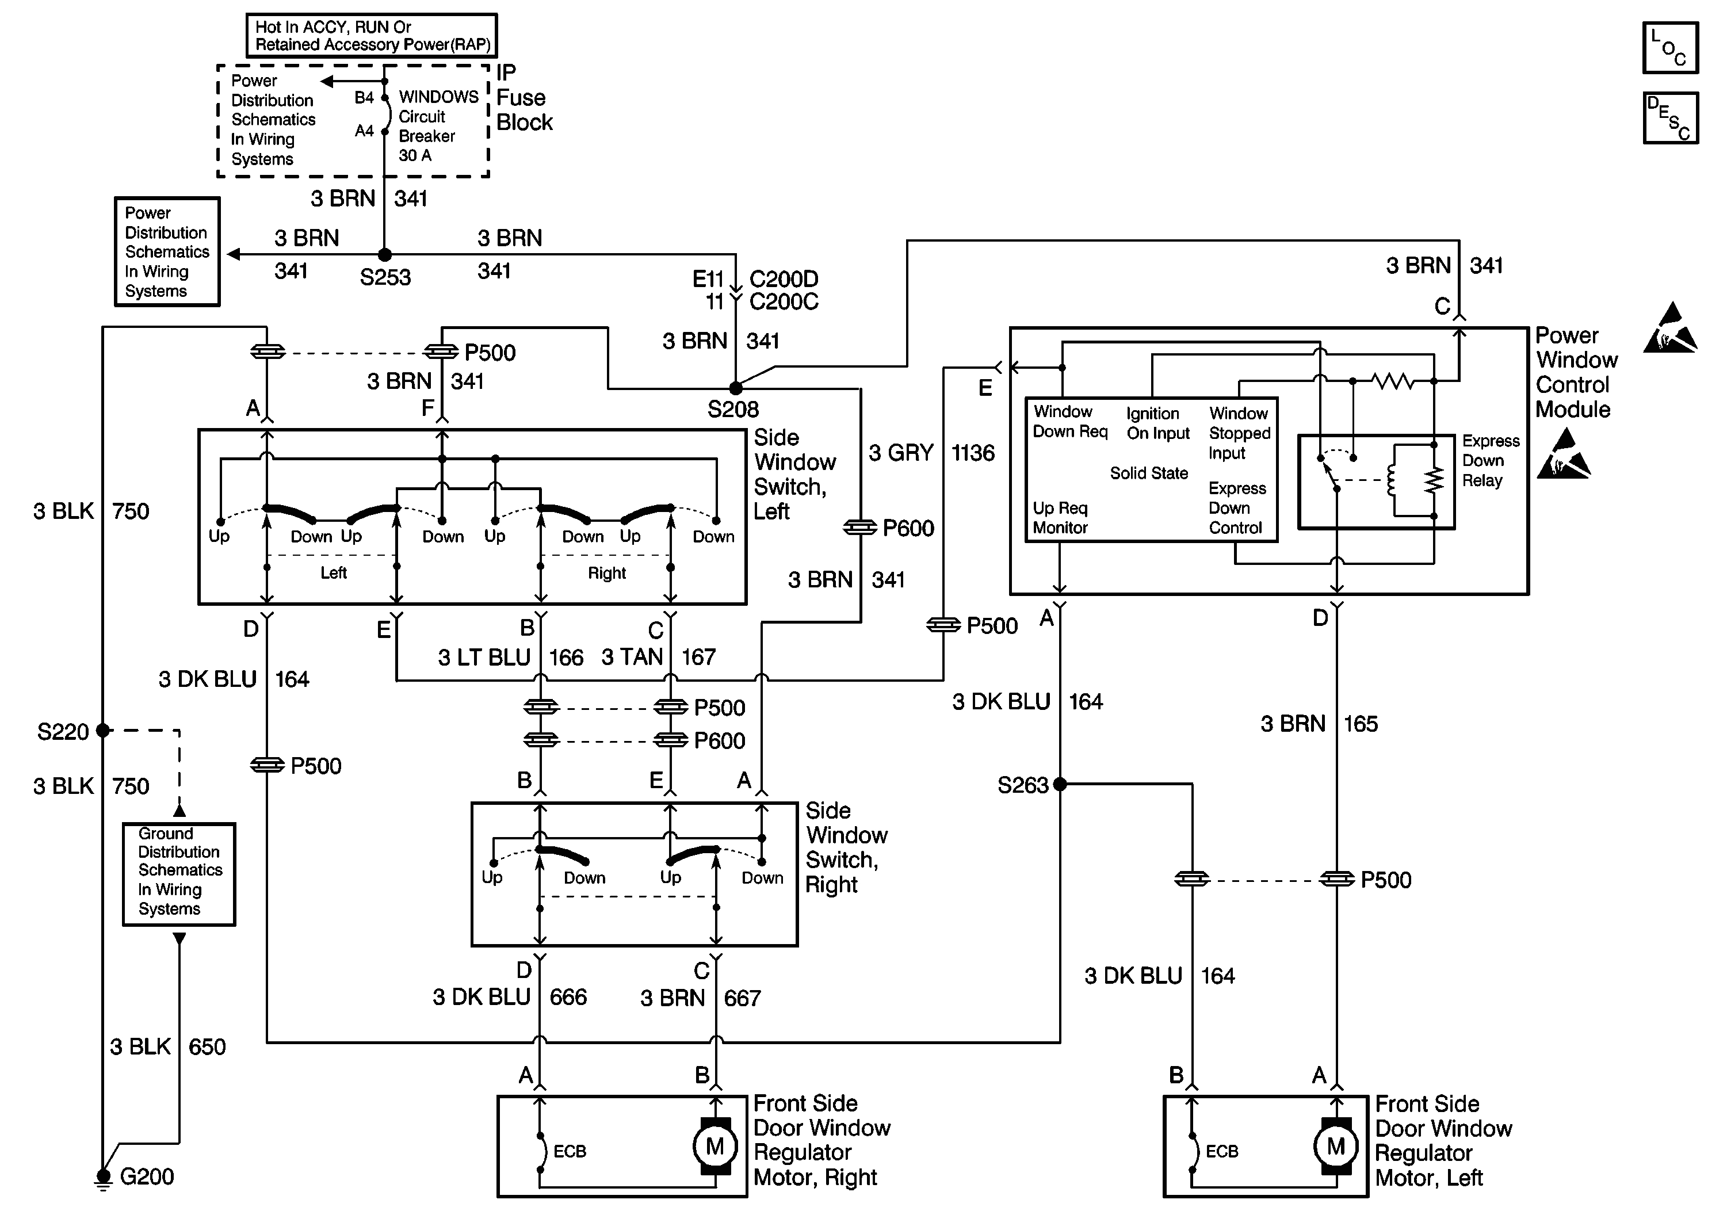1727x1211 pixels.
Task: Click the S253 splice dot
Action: [x=384, y=255]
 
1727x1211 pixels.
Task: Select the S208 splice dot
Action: [x=736, y=388]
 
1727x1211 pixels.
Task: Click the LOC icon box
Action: [x=1670, y=47]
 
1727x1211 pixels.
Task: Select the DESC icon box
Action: [x=1670, y=118]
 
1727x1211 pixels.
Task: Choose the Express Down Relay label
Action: [x=1490, y=460]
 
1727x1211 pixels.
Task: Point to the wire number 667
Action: [x=742, y=998]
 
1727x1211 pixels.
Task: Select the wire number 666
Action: [x=568, y=998]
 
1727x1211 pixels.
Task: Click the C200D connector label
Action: [x=784, y=279]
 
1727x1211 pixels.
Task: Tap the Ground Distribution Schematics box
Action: [x=179, y=873]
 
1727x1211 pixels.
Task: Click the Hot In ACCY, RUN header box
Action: [x=372, y=35]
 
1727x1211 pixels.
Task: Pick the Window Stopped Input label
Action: [x=1239, y=433]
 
